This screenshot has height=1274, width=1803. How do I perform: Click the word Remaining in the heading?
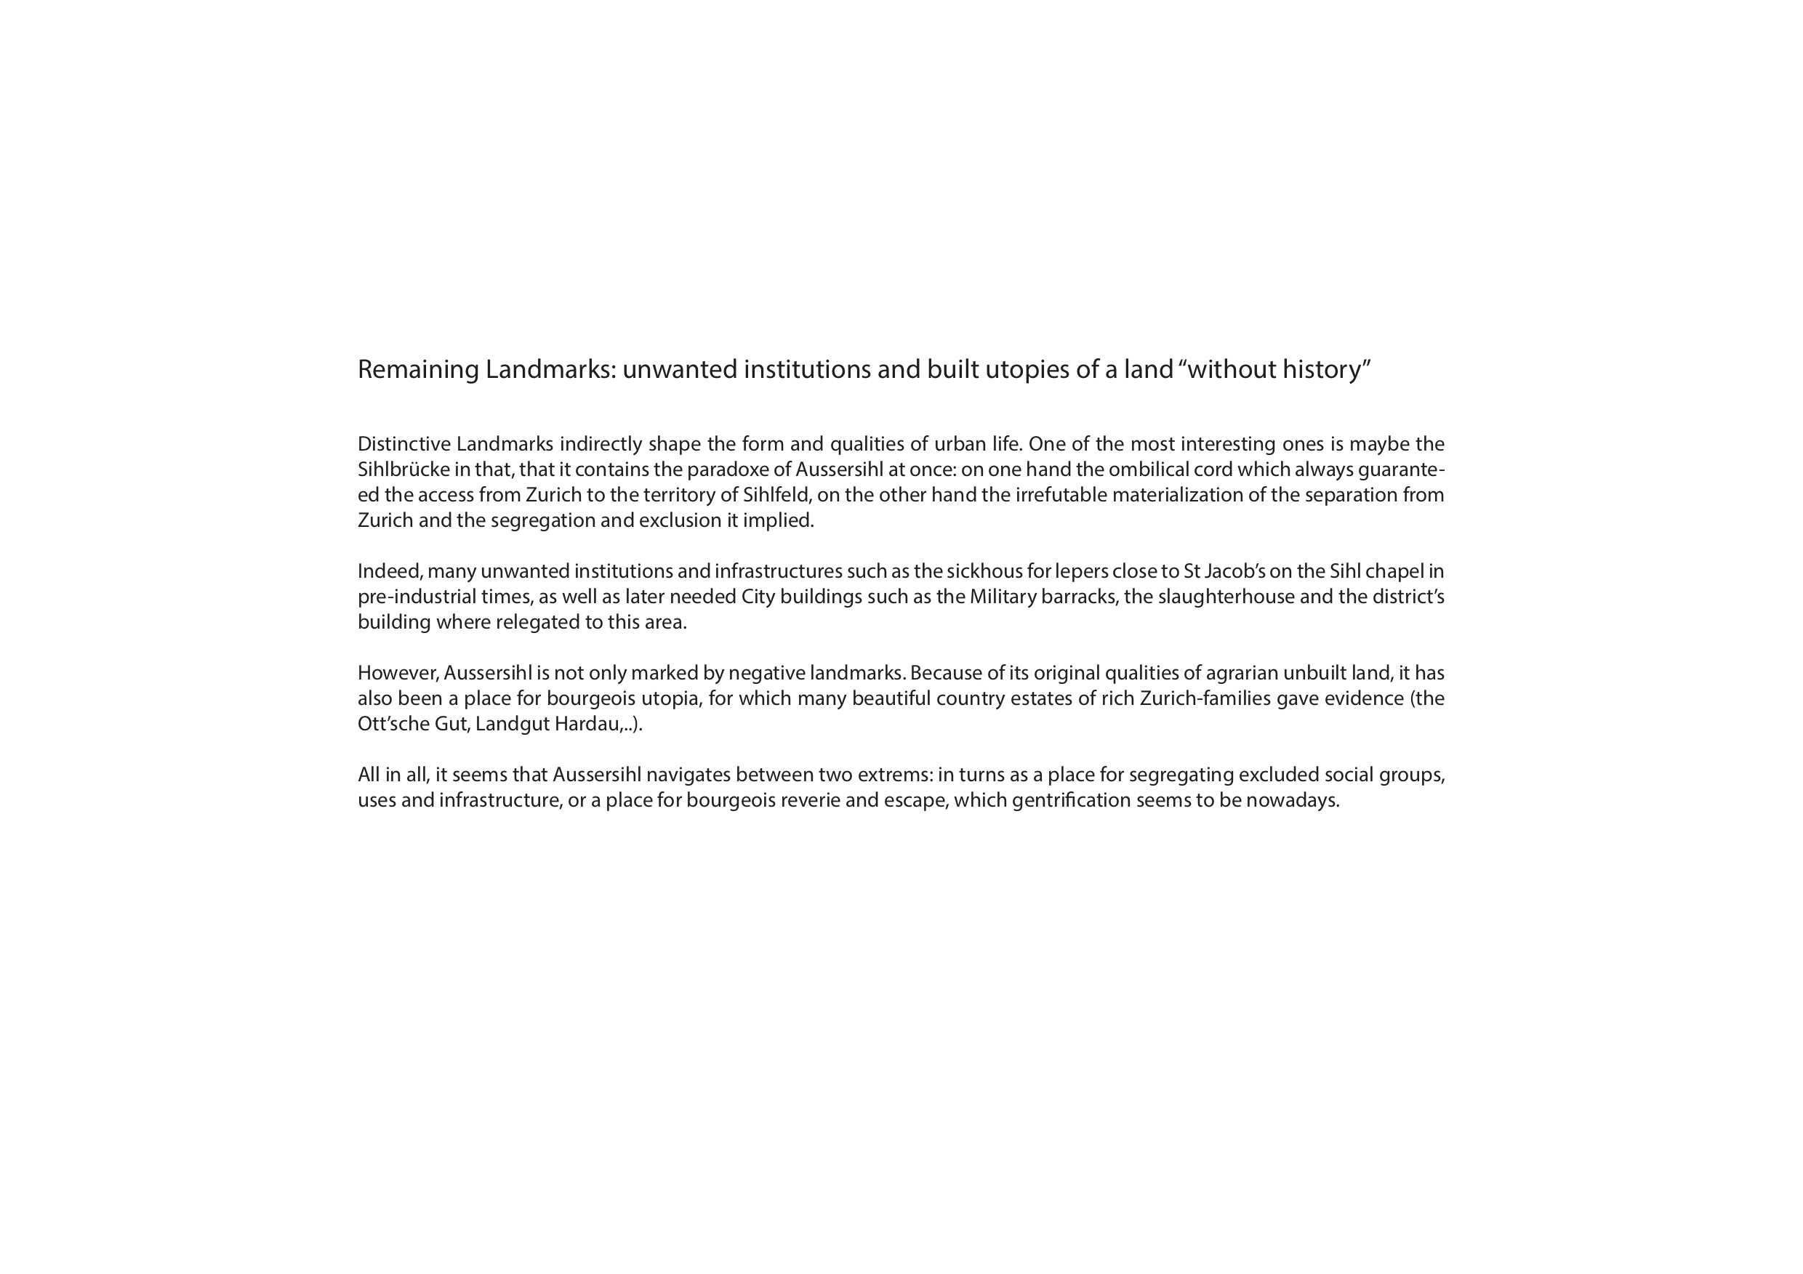(x=418, y=370)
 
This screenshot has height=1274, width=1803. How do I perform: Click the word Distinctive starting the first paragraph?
(x=403, y=444)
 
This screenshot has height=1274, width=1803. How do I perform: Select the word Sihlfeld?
(x=776, y=496)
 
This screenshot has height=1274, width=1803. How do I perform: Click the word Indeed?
(x=390, y=571)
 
